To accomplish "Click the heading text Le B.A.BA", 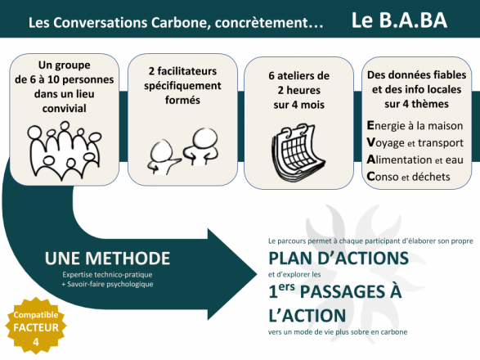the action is (x=399, y=20).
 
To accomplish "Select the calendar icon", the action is (x=298, y=153).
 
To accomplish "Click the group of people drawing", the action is (x=65, y=151).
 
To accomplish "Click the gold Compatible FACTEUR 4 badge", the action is (x=36, y=326).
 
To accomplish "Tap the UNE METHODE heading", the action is (x=107, y=258).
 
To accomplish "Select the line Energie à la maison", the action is (x=415, y=126).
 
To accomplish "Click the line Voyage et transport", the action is (x=415, y=143).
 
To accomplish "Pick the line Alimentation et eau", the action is (x=415, y=160).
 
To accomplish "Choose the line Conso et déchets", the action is (x=408, y=177).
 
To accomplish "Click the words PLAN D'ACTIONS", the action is (x=339, y=258).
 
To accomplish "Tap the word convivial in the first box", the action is (x=65, y=109).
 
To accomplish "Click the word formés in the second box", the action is (x=182, y=100).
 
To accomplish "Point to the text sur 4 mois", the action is (x=299, y=105).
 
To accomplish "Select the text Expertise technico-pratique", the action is (x=107, y=275).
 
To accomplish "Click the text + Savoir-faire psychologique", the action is (x=107, y=284).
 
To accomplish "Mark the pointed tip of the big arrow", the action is (x=257, y=274).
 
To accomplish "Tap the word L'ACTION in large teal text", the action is (x=307, y=316).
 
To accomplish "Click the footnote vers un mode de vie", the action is (x=338, y=332).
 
